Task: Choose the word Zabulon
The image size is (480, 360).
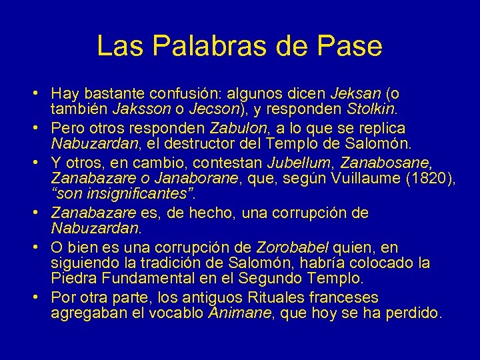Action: click(237, 127)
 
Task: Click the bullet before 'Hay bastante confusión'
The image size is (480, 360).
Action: click(41, 93)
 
